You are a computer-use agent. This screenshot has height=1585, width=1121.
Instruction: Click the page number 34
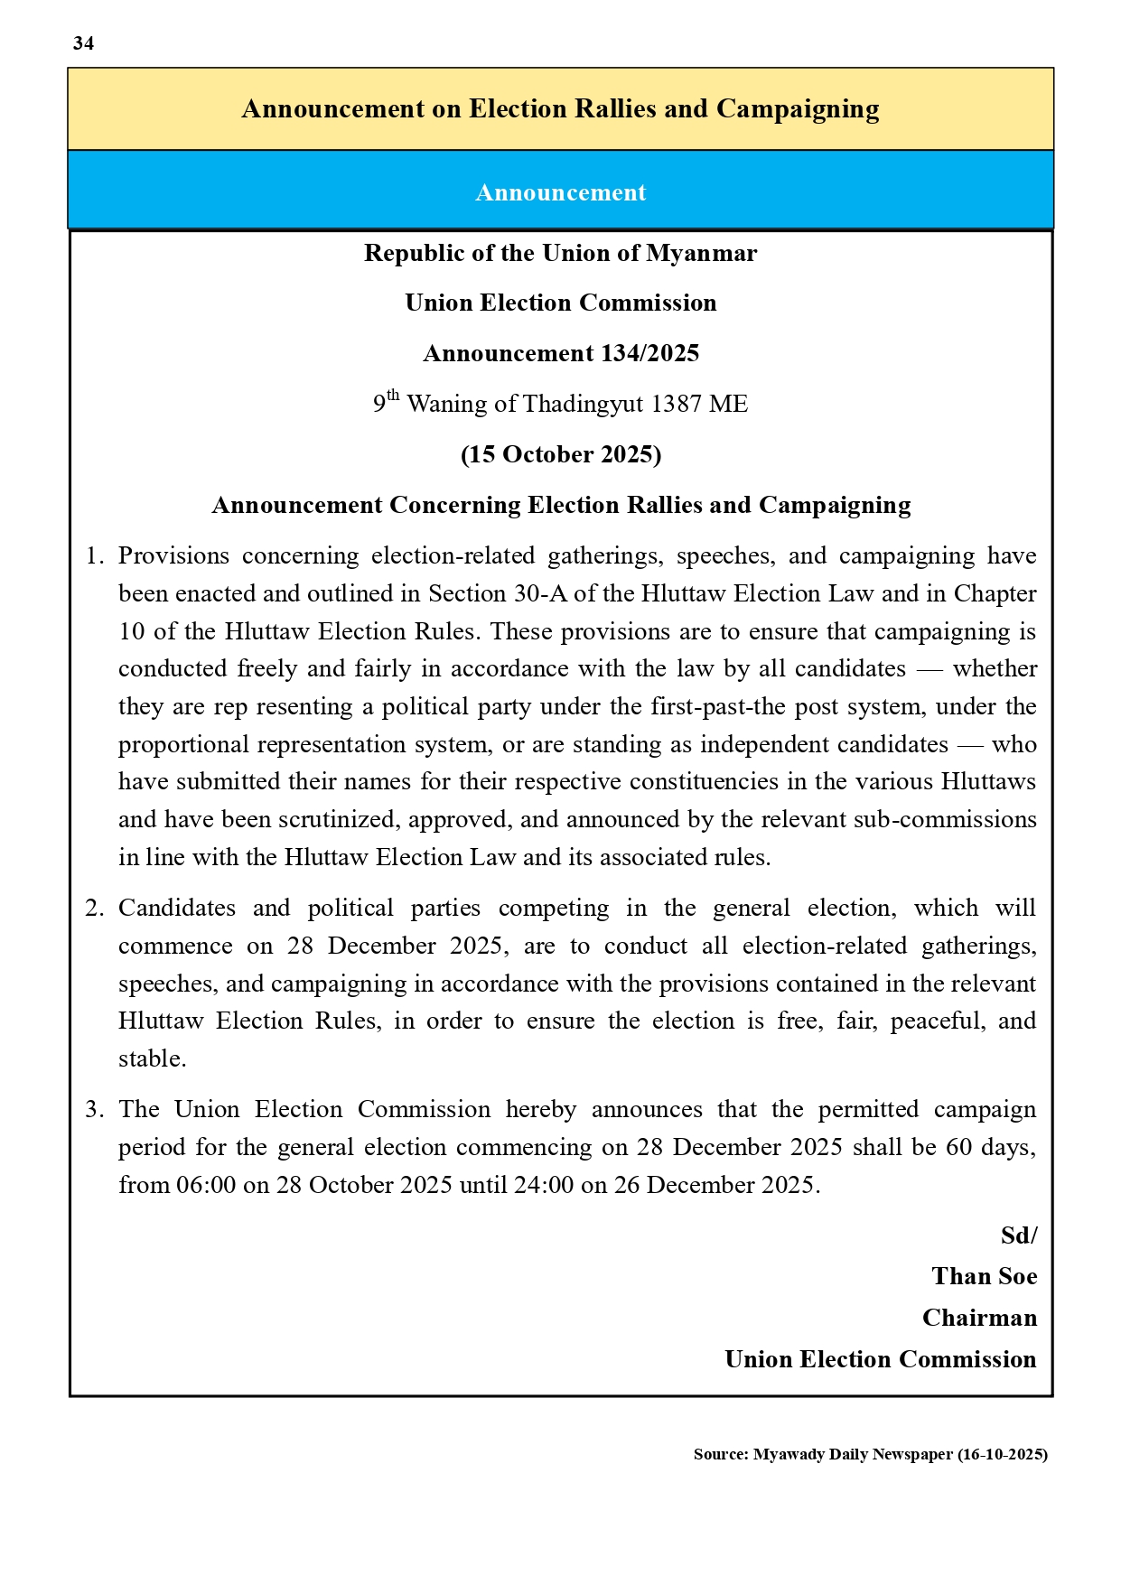(x=83, y=43)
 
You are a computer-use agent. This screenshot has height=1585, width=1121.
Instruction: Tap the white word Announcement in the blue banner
(x=560, y=192)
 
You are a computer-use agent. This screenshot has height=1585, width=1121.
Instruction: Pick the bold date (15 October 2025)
(x=560, y=454)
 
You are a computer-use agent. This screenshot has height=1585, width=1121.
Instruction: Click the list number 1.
(x=93, y=555)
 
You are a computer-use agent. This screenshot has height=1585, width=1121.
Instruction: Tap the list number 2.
(x=93, y=908)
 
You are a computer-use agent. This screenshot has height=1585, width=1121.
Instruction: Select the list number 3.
(x=93, y=1109)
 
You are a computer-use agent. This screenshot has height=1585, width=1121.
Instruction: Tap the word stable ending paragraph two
(x=152, y=1058)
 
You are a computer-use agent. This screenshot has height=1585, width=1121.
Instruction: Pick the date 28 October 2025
(x=364, y=1185)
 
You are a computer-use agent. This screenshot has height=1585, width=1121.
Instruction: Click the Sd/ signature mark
(x=1018, y=1235)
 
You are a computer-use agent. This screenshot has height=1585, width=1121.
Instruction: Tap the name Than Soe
(x=984, y=1276)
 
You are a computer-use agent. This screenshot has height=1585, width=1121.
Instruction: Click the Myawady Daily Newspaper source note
(x=870, y=1454)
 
